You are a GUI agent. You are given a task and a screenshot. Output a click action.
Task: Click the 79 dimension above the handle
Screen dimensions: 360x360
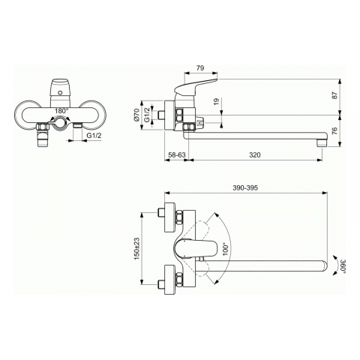200,68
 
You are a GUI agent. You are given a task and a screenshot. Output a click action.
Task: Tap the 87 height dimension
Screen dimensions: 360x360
334,95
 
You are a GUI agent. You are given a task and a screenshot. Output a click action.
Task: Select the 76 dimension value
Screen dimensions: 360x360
334,130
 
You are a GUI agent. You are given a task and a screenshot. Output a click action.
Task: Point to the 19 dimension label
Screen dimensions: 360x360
217,101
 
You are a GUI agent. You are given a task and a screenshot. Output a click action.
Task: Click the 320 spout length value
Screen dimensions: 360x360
255,155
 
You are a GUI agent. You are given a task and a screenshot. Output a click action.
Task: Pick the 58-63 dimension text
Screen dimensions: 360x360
177,155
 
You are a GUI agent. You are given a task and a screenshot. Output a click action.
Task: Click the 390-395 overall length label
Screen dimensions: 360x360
245,187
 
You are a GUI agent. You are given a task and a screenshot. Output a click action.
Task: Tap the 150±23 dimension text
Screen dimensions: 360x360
136,248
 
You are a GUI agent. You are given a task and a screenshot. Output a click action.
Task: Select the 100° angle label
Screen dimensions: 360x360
226,249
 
